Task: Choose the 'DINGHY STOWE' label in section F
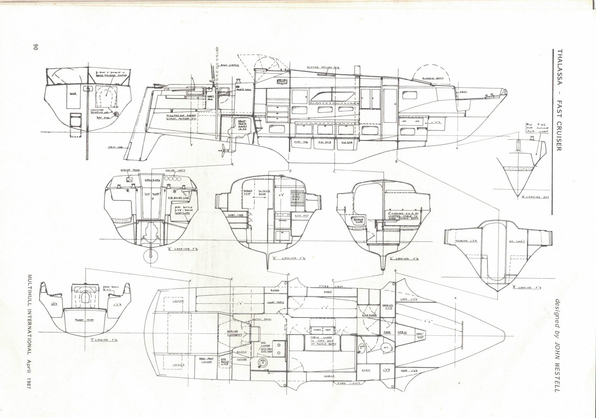pos(83,321)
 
